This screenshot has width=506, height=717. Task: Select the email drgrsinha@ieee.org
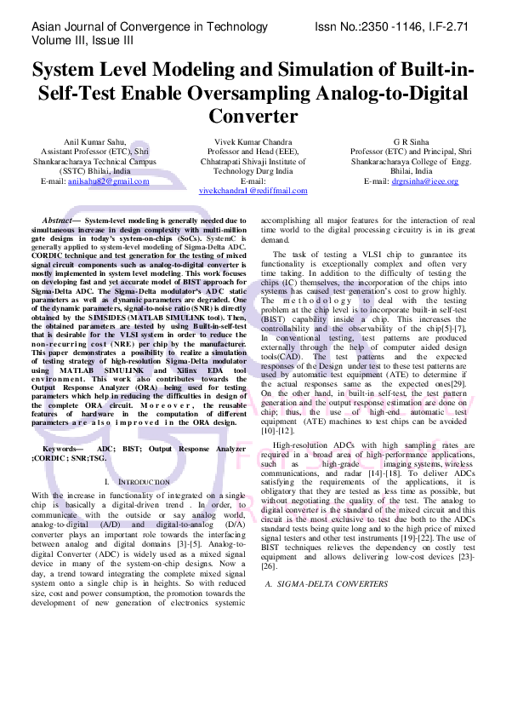tap(424, 181)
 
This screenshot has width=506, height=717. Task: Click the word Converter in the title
tap(253, 115)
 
